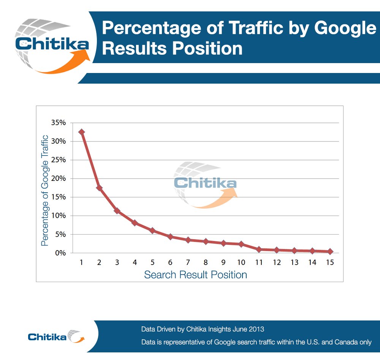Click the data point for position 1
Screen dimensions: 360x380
[81, 132]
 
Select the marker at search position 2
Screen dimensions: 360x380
[99, 188]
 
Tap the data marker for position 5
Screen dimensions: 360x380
[152, 230]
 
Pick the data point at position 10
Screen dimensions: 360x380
[241, 244]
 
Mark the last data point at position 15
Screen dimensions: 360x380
[330, 251]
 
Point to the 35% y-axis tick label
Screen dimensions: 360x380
[59, 123]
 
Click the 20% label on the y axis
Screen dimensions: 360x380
[59, 178]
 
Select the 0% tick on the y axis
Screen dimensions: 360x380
[60, 253]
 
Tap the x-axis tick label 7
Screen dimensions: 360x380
[188, 262]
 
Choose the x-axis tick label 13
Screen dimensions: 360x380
[294, 262]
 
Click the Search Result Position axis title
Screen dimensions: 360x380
[195, 274]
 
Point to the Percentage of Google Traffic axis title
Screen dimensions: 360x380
[45, 190]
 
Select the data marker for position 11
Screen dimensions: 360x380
[259, 249]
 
